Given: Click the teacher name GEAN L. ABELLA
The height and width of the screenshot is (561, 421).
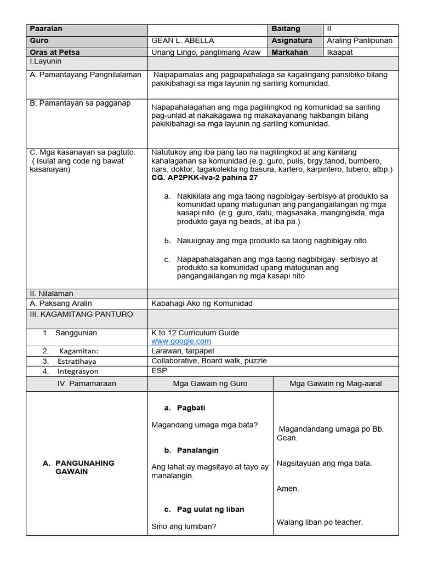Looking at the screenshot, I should (183, 41).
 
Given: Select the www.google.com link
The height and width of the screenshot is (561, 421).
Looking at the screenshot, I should (181, 341).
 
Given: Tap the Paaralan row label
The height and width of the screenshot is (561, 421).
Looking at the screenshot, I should (47, 28).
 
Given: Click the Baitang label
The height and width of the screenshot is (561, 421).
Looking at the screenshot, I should (286, 28).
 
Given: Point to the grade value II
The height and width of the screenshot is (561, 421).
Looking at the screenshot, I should (329, 28).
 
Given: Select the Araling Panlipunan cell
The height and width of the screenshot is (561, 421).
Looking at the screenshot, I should (360, 41).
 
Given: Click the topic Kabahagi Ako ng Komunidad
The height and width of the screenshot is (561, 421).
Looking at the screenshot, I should (202, 304).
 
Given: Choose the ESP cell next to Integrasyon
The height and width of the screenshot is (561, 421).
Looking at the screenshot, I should (158, 371).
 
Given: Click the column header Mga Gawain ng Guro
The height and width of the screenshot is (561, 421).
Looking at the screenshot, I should (210, 383).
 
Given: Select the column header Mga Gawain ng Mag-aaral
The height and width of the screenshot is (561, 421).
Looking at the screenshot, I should (335, 383).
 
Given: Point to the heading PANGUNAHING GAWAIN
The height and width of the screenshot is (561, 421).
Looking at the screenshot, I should (84, 467).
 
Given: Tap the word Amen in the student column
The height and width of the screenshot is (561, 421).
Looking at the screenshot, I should (288, 489).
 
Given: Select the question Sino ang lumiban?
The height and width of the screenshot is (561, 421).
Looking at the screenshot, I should (183, 526).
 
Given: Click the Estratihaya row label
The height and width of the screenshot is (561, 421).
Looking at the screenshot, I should (76, 361).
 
